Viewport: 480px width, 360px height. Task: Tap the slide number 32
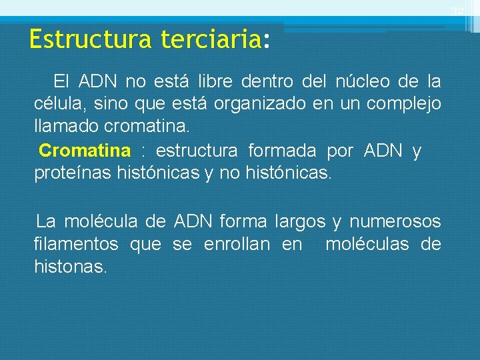(457, 12)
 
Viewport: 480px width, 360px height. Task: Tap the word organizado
(257, 104)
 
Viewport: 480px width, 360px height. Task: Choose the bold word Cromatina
(85, 151)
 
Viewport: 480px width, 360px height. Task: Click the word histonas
(71, 267)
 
